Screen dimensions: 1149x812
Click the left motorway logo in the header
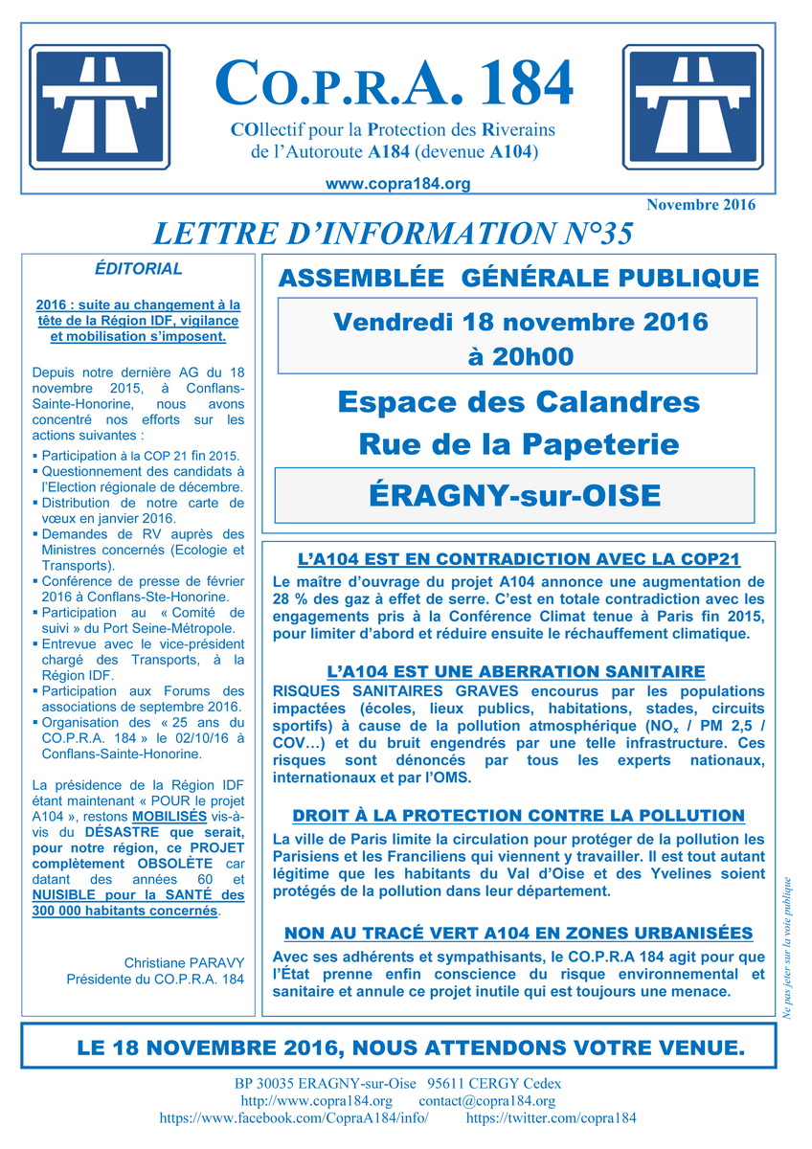101,101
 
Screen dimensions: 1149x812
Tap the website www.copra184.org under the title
397,183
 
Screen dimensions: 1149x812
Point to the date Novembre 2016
700,204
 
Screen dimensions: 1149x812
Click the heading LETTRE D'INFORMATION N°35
393,233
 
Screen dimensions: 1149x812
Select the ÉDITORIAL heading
138,269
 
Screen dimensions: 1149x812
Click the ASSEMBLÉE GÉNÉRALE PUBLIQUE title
517,279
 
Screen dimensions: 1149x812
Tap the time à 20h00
520,356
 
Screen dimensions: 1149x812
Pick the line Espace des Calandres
518,401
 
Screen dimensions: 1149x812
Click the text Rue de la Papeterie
518,443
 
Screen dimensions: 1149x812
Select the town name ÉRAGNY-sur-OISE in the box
514,495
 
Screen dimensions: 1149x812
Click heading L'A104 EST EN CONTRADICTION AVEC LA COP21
518,559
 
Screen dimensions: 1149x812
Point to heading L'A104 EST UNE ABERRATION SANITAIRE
518,671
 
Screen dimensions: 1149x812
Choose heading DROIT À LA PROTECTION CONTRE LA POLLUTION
518,816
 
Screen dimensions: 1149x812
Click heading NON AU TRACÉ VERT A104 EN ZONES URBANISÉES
518,933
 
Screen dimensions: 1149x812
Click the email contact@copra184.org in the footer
487,1101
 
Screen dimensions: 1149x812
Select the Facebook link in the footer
293,1117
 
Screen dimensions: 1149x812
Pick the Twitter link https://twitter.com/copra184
551,1117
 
